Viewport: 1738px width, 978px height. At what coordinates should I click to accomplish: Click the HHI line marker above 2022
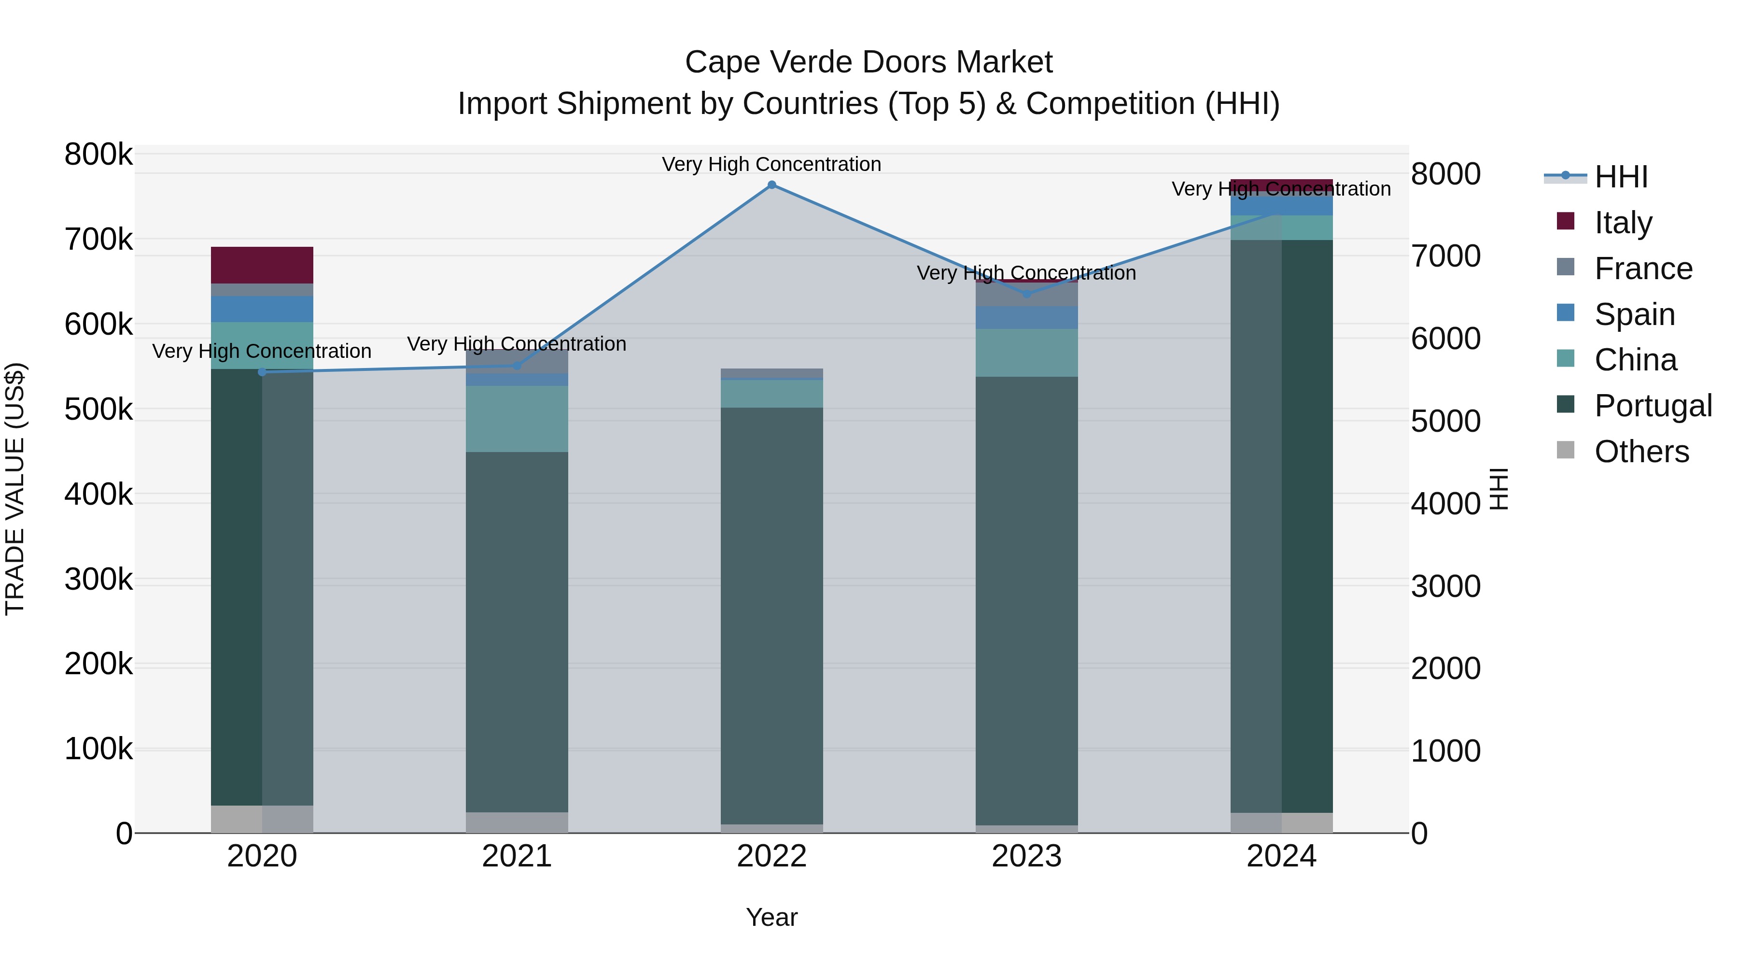click(x=772, y=185)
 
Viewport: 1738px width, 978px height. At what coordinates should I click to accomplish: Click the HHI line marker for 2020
click(x=263, y=372)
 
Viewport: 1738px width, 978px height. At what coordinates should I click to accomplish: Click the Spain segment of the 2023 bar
click(x=1026, y=317)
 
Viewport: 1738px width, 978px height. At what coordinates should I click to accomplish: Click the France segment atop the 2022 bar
click(x=772, y=374)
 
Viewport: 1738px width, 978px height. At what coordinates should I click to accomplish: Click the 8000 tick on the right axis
click(x=1445, y=174)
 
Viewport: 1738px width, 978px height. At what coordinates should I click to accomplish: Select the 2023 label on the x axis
click(x=1026, y=856)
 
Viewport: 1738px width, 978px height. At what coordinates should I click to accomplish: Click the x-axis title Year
click(x=772, y=917)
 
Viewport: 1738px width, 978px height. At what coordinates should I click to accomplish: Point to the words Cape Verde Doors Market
click(x=869, y=62)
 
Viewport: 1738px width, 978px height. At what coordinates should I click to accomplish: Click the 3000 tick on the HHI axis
click(x=1445, y=586)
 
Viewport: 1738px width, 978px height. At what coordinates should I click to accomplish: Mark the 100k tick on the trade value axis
click(x=98, y=749)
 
